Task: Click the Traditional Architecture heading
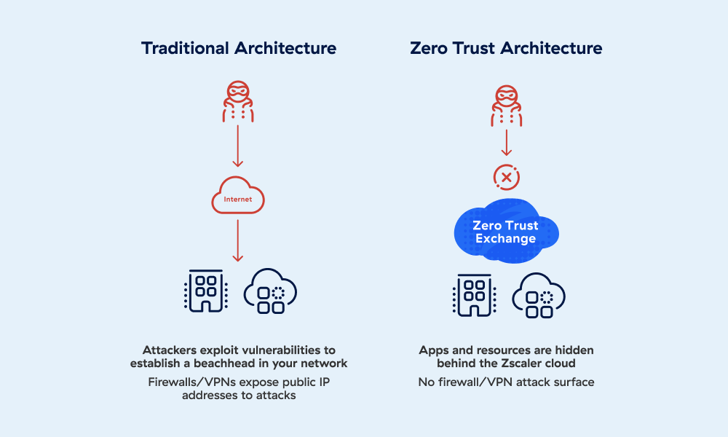[x=239, y=48]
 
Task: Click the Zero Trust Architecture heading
[x=506, y=48]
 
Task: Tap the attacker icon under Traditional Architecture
[x=238, y=102]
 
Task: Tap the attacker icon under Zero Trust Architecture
[x=507, y=106]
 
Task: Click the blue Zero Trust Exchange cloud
[x=506, y=231]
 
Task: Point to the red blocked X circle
[x=507, y=178]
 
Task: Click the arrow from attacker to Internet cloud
[x=238, y=146]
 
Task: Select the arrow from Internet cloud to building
[x=238, y=240]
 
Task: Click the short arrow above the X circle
[x=507, y=143]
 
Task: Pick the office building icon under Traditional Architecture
[x=206, y=291]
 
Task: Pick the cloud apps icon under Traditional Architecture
[x=270, y=291]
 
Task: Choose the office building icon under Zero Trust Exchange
[x=474, y=296]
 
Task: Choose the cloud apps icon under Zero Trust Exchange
[x=539, y=296]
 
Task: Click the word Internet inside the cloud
[x=238, y=200]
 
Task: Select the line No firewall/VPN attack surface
[x=506, y=382]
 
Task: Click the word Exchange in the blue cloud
[x=506, y=239]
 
